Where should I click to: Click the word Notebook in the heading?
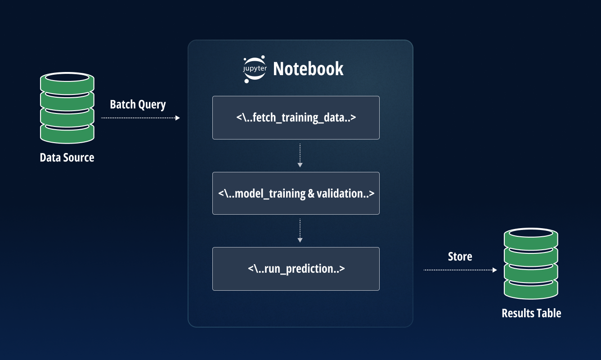pos(308,69)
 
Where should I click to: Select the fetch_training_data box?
pos(296,117)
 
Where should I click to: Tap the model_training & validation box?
pos(296,193)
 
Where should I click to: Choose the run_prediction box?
pos(296,269)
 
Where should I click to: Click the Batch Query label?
pos(138,105)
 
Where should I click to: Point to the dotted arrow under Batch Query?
pos(140,118)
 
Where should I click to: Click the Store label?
pos(460,256)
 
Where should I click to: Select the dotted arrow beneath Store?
pos(460,270)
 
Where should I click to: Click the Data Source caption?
pos(67,157)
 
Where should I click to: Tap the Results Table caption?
pos(531,313)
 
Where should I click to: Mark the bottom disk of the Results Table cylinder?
pos(531,288)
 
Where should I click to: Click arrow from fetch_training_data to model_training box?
pos(300,156)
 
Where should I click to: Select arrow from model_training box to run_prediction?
pos(300,231)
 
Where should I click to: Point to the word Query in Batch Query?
pos(152,105)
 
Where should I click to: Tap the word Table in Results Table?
pos(548,313)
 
